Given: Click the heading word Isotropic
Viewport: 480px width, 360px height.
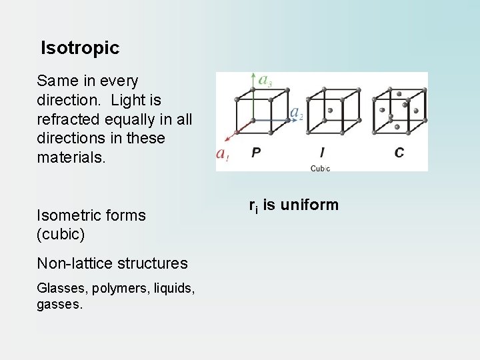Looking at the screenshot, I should tap(80, 48).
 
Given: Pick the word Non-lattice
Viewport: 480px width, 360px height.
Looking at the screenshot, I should tap(76, 263).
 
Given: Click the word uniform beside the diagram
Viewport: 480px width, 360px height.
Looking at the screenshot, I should tap(309, 205).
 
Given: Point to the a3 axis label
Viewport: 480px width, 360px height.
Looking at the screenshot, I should tap(265, 81).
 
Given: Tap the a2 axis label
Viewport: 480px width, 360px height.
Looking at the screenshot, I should tap(297, 113).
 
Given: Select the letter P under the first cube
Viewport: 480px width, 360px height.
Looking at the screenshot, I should tap(256, 153).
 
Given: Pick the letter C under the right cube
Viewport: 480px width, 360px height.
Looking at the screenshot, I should tap(399, 153).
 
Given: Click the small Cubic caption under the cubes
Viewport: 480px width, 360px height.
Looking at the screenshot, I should tap(320, 168).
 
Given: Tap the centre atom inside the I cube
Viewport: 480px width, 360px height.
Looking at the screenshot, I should tap(329, 111).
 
